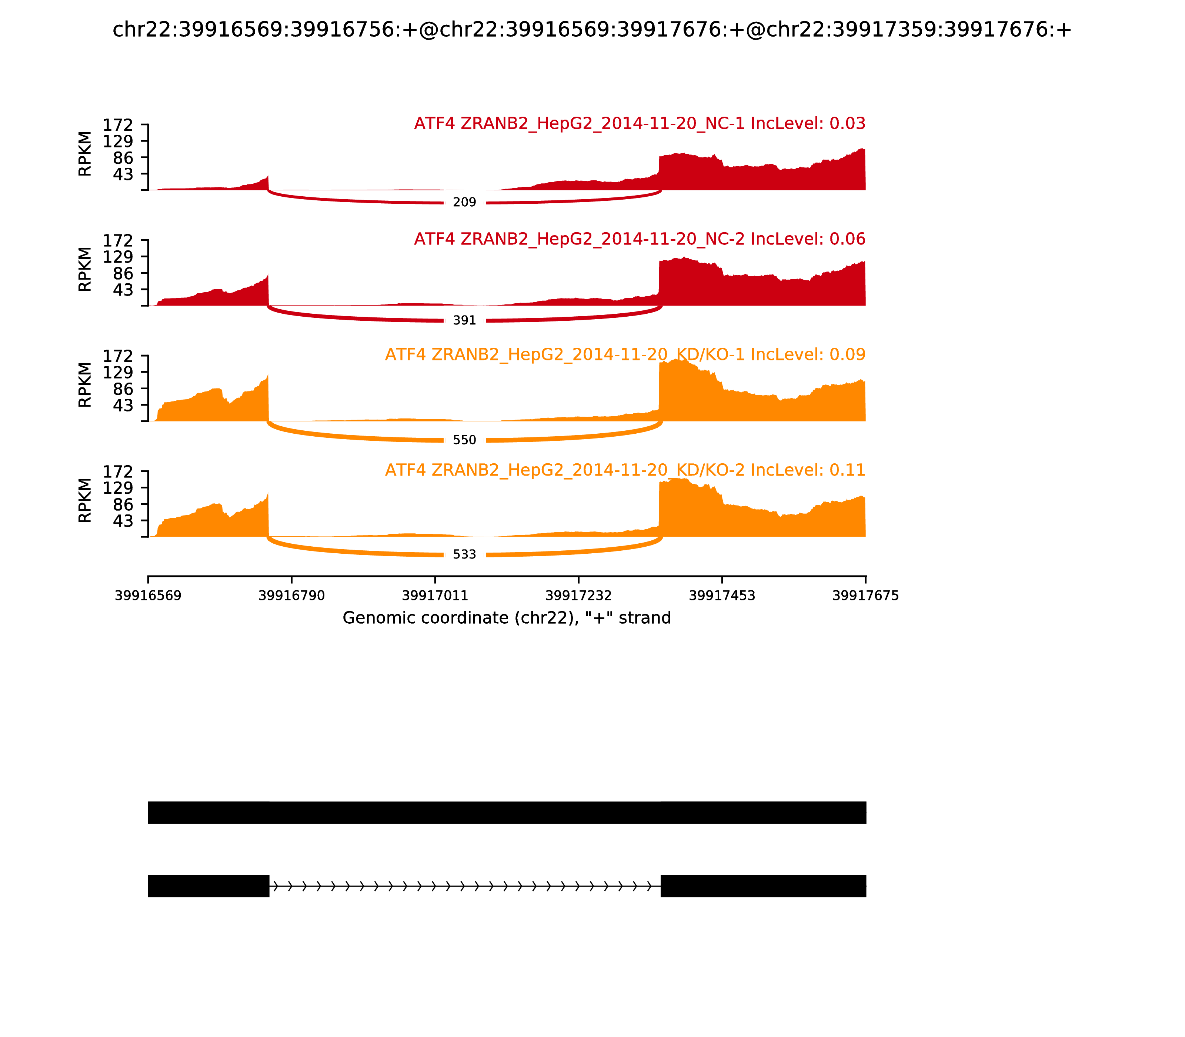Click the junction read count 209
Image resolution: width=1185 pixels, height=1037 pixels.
(x=464, y=202)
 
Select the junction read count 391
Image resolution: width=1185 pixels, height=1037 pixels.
(x=464, y=320)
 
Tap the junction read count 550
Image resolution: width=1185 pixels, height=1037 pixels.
(x=464, y=440)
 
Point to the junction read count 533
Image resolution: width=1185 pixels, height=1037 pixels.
(x=464, y=554)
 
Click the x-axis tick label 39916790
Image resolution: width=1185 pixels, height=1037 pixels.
(x=292, y=596)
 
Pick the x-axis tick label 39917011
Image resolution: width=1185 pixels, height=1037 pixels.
(x=435, y=596)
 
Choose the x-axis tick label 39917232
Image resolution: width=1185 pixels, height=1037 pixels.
(x=578, y=596)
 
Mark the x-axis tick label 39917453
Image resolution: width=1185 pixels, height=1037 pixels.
(x=722, y=596)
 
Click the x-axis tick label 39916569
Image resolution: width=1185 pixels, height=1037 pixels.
(x=148, y=596)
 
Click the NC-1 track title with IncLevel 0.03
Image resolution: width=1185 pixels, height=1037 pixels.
(x=640, y=124)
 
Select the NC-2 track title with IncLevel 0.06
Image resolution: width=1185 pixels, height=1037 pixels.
(x=640, y=239)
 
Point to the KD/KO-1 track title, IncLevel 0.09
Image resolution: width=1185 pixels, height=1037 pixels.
(x=625, y=354)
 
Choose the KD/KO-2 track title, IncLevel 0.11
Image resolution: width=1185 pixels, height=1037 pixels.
(x=625, y=470)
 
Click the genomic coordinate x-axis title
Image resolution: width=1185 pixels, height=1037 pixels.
(x=507, y=618)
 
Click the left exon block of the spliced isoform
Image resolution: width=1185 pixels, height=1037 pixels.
(x=208, y=886)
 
